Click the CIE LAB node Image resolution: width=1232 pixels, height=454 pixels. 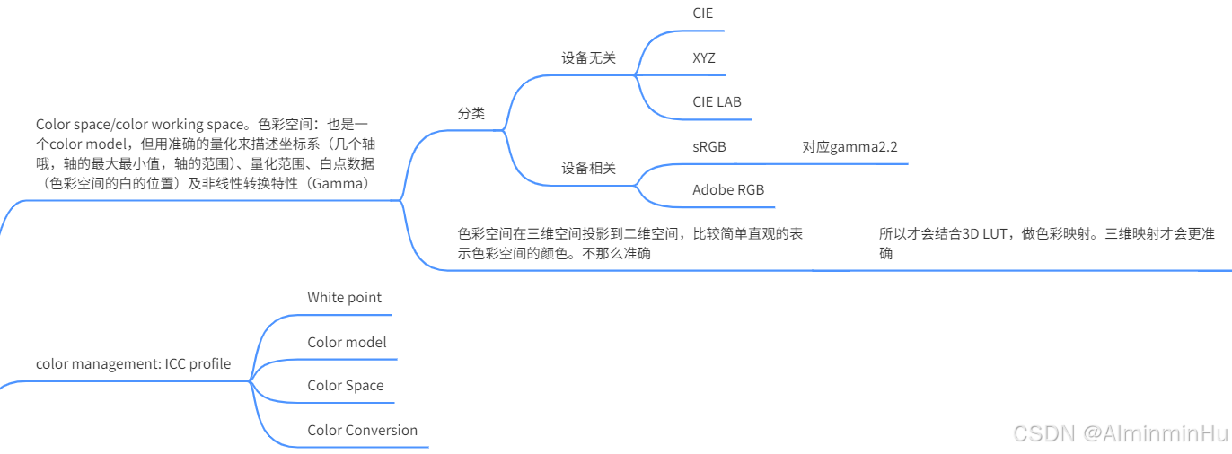click(717, 102)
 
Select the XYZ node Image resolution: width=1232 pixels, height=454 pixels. click(704, 58)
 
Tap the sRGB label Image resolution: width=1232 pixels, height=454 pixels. click(709, 146)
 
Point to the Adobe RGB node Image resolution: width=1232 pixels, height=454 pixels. click(727, 189)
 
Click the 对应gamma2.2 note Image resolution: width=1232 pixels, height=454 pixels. click(849, 146)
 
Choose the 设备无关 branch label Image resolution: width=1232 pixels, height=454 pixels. click(589, 57)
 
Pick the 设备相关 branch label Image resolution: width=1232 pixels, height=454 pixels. click(589, 168)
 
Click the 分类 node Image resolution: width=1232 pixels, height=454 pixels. click(471, 113)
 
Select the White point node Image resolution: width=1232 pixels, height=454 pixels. click(344, 297)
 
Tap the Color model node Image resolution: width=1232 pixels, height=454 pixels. click(347, 342)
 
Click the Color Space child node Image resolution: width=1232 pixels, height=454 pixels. click(345, 385)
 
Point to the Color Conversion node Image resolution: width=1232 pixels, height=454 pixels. click(362, 430)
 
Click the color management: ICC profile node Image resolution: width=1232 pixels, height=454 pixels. click(133, 363)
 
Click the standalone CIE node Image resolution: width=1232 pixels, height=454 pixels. click(703, 13)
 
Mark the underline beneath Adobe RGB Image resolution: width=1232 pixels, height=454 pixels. click(727, 207)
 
